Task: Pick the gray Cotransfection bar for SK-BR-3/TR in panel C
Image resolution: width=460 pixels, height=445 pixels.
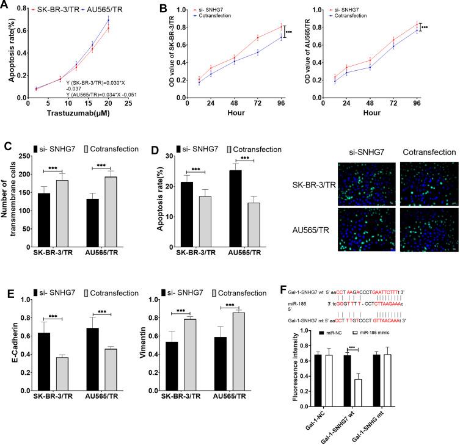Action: pos(62,213)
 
